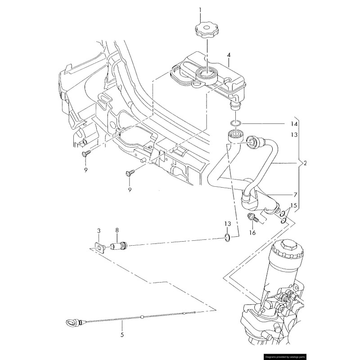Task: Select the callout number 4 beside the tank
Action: [x=229, y=55]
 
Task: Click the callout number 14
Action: [x=294, y=124]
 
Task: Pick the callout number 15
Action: [x=293, y=206]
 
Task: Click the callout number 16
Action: [x=252, y=233]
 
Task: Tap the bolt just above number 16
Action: [x=252, y=219]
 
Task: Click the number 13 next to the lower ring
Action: [x=228, y=224]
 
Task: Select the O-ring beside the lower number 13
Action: [x=228, y=237]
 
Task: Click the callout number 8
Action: [x=117, y=230]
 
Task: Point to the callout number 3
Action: [x=99, y=230]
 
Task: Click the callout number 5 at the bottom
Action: [x=121, y=334]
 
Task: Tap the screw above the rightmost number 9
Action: [x=130, y=173]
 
